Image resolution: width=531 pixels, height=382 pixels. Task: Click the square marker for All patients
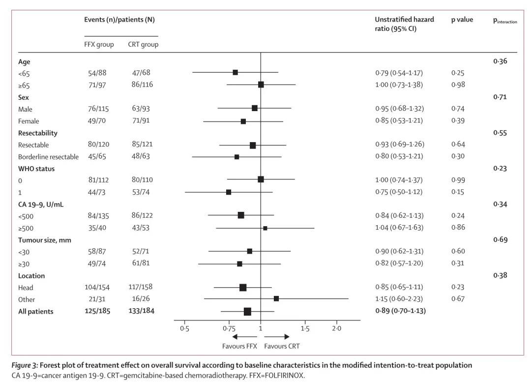pos(247,311)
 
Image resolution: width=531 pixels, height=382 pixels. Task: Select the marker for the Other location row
pos(276,298)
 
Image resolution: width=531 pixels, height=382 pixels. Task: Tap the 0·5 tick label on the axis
pos(184,328)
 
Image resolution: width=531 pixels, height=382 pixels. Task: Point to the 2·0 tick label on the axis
pos(337,328)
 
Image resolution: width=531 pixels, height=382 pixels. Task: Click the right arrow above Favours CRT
pos(280,337)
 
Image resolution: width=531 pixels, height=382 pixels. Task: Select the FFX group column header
pos(99,44)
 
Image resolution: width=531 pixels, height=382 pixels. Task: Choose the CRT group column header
pos(143,44)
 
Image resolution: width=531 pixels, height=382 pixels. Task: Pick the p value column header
pos(462,20)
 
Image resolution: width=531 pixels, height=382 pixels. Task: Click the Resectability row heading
pos(37,133)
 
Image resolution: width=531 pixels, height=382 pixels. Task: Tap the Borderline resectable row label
pos(48,157)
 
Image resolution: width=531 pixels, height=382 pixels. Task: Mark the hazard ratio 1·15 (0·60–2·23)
pos(399,299)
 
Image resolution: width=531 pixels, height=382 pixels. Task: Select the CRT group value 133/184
pos(141,311)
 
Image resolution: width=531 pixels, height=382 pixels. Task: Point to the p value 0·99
pos(458,180)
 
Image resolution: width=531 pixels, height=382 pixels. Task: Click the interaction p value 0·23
pos(500,168)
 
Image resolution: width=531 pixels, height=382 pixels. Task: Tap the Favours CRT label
pos(282,346)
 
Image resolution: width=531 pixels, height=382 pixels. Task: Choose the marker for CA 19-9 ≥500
pos(265,228)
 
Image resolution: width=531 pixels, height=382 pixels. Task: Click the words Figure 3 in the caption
pos(25,365)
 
